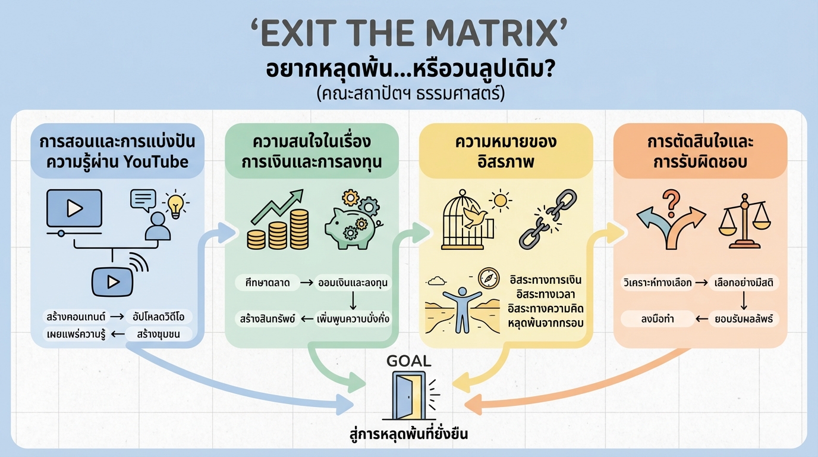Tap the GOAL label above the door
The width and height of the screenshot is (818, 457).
pyautogui.click(x=408, y=361)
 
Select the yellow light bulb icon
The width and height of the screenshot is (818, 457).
pyautogui.click(x=175, y=204)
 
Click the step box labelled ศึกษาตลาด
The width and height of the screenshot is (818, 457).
pyautogui.click(x=263, y=283)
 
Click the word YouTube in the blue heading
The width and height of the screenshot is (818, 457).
pyautogui.click(x=157, y=161)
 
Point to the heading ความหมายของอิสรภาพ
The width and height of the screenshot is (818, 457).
pyautogui.click(x=505, y=152)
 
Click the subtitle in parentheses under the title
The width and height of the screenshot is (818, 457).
pyautogui.click(x=408, y=94)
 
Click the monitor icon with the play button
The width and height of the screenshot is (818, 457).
pyautogui.click(x=74, y=209)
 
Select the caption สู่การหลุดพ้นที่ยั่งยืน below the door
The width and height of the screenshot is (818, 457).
pyautogui.click(x=408, y=434)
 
